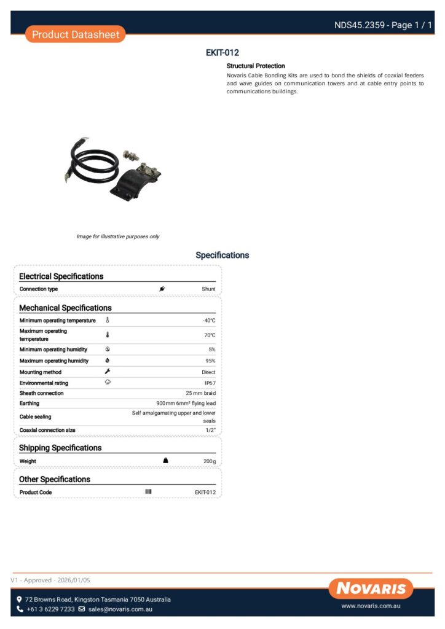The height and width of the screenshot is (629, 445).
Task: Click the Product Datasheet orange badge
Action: tap(76, 34)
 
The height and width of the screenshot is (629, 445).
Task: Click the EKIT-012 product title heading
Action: tap(222, 53)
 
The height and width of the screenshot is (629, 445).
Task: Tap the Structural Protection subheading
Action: tap(256, 66)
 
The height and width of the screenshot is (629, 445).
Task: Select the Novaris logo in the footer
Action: tap(371, 588)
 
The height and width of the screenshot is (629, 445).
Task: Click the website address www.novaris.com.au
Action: tap(371, 606)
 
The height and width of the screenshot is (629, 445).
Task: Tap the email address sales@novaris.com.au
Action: tap(120, 609)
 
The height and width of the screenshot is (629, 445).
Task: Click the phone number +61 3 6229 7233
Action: tap(50, 609)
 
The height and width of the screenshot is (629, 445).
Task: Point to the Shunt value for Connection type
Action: tap(208, 289)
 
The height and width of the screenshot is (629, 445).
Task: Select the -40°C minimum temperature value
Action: tap(209, 321)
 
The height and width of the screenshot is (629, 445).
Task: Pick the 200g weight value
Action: tap(210, 461)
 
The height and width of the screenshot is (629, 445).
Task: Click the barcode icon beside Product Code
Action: tap(148, 492)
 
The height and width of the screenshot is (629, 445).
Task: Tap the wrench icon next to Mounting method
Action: tap(108, 372)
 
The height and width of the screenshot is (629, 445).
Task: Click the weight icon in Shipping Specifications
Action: tap(165, 461)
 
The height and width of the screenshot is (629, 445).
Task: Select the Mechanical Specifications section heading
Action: tap(65, 308)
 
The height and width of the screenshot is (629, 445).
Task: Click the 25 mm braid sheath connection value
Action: tap(200, 393)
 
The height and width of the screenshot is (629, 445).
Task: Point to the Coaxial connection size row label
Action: tap(47, 431)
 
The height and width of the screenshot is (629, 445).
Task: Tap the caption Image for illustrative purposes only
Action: tap(117, 236)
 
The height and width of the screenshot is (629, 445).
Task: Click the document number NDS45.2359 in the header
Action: tap(360, 25)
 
